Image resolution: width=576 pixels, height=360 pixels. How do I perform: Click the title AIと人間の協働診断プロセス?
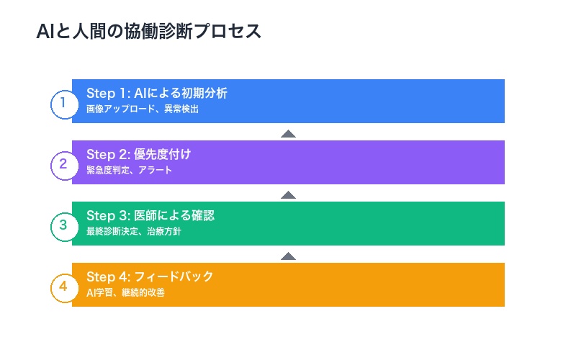[148, 32]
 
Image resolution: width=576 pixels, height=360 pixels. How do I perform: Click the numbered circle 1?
[63, 102]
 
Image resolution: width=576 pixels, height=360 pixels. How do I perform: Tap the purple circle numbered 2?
[63, 163]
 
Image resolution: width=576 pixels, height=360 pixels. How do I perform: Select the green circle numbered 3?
[63, 225]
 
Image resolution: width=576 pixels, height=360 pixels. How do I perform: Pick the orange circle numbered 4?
[63, 286]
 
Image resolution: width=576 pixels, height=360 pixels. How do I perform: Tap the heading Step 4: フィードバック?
[150, 277]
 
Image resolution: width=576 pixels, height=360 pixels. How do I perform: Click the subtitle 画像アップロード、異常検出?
[142, 109]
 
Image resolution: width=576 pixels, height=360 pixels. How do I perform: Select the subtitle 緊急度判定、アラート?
[129, 171]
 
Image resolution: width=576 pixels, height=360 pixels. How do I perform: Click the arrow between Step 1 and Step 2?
[288, 133]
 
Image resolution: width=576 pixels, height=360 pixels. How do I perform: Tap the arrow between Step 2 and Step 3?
[288, 194]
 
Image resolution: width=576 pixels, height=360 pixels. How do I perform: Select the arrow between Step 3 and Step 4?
[288, 256]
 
